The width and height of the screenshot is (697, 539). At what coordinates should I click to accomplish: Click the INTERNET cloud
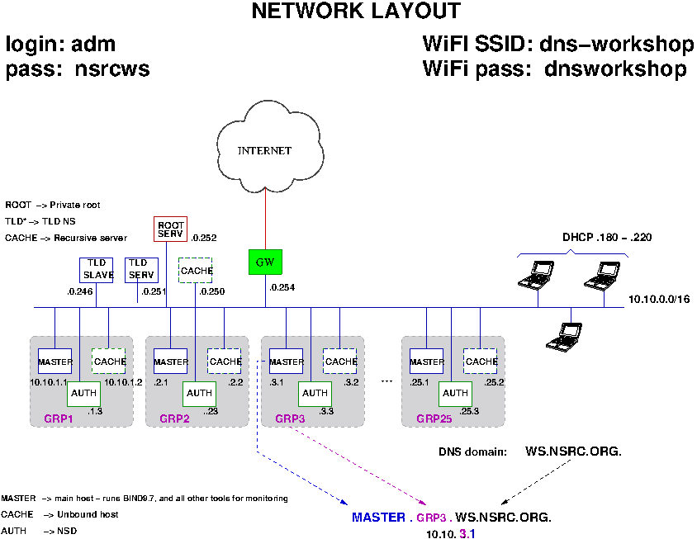265,150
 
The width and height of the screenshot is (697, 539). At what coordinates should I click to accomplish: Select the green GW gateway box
265,262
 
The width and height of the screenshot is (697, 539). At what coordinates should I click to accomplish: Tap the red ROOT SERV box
171,229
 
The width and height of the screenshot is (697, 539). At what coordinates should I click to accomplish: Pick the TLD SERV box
141,270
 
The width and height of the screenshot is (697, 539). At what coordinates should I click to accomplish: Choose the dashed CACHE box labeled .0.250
196,270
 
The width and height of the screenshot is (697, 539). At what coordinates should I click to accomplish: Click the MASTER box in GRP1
55,362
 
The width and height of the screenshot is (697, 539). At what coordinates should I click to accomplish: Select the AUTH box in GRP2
199,393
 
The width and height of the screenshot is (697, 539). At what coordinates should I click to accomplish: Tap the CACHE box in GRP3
340,362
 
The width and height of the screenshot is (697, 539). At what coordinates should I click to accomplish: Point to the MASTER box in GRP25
427,362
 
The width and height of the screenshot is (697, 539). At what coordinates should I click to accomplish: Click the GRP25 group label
434,418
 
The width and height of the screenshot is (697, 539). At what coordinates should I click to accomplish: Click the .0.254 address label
282,287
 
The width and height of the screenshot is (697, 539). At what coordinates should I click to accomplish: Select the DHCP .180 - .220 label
595,237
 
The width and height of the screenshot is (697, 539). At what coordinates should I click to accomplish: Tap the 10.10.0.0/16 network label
658,299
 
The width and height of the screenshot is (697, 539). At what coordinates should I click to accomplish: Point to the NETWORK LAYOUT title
356,12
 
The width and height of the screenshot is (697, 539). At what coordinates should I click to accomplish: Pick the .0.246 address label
80,291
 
